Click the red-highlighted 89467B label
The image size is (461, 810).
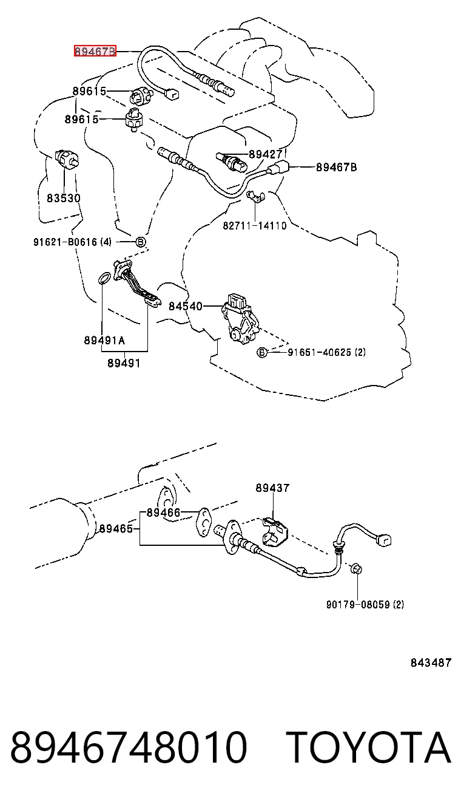[95, 51]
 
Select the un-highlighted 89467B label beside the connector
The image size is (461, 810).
[337, 167]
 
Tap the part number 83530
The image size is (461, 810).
[64, 198]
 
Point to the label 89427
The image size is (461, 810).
[266, 154]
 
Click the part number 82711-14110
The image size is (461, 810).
[254, 226]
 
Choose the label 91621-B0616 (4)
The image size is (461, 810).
[72, 242]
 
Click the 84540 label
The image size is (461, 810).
[186, 306]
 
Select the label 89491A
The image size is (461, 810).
[104, 340]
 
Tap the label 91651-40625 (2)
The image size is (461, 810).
[326, 352]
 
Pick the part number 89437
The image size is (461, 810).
[272, 488]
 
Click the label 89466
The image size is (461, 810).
[163, 512]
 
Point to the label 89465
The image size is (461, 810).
[116, 529]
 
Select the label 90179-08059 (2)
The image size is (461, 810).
[365, 604]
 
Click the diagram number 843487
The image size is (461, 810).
[431, 662]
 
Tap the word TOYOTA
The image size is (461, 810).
[369, 747]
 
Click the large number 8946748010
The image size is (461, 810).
[129, 747]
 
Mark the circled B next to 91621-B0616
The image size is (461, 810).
[141, 242]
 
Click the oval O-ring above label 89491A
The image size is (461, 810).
[104, 279]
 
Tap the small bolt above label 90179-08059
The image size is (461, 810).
[357, 570]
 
